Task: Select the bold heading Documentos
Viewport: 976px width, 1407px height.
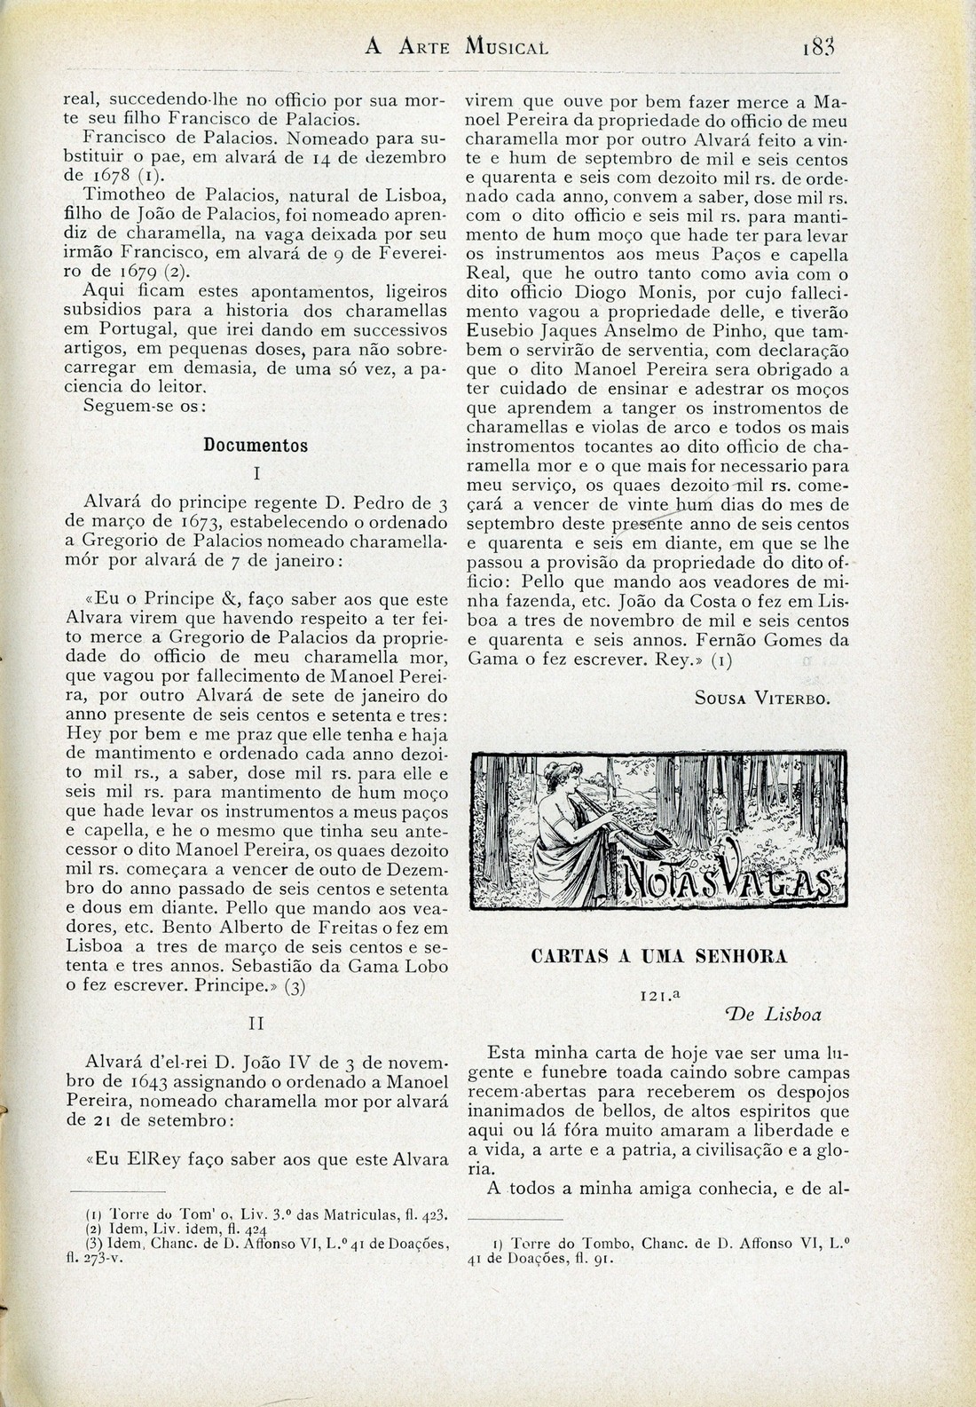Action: (256, 446)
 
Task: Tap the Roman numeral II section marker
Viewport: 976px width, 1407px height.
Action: (256, 1024)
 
